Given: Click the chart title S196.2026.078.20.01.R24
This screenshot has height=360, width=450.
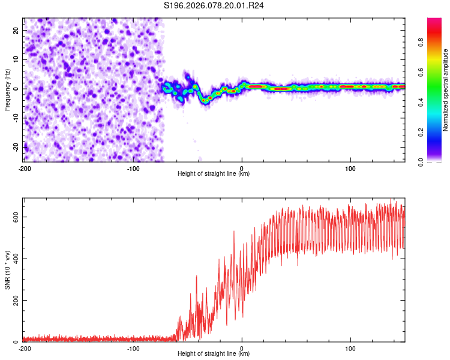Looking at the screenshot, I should (x=214, y=5).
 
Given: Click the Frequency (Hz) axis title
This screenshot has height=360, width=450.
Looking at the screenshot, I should (x=8, y=89).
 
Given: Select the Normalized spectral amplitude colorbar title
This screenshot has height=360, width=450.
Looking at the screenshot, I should (x=446, y=89).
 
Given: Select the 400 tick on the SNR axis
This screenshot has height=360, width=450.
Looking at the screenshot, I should (x=15, y=259).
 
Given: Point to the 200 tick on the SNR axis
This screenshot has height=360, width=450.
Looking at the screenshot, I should (x=15, y=300).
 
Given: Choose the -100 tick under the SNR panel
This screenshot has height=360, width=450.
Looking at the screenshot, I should (x=133, y=349).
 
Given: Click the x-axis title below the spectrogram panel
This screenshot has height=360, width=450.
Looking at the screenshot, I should (x=214, y=174).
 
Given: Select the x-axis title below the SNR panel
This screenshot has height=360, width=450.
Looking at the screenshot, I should (x=214, y=354).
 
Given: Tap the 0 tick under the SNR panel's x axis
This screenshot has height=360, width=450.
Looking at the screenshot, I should (x=242, y=349).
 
